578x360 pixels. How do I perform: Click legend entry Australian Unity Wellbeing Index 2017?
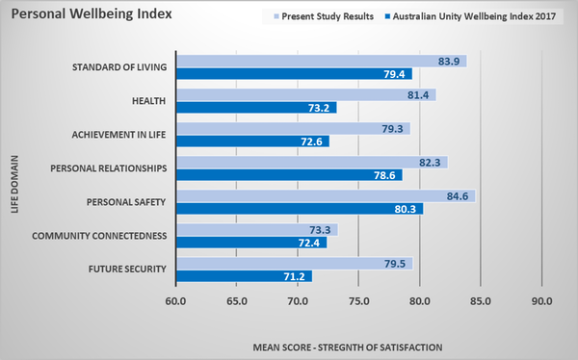click(x=465, y=17)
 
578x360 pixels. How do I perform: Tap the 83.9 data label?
click(x=450, y=61)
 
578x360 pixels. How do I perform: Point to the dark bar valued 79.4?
click(x=294, y=74)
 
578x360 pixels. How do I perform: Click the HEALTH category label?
click(x=148, y=101)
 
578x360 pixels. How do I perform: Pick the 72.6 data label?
click(x=312, y=141)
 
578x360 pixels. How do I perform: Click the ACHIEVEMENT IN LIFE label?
click(x=119, y=134)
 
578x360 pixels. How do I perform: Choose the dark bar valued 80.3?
click(x=299, y=209)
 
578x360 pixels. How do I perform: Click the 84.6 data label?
click(x=459, y=196)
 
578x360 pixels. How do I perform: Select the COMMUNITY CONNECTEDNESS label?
click(x=100, y=236)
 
